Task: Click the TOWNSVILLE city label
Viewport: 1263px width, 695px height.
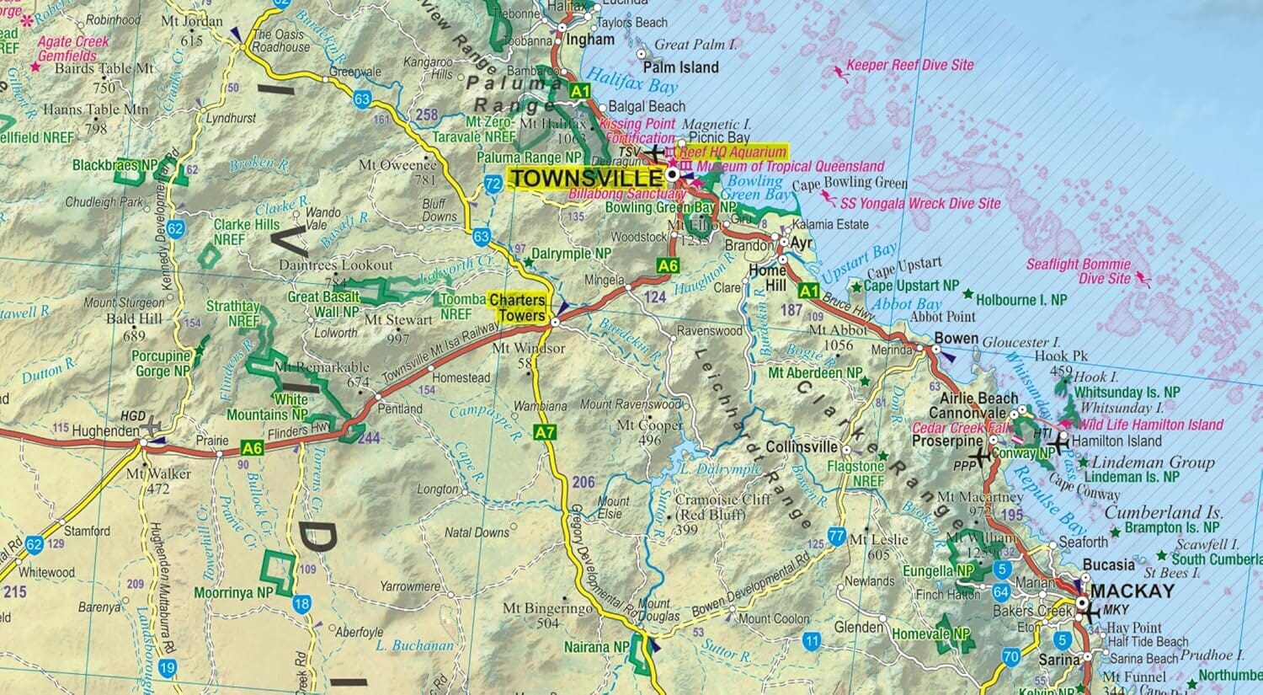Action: [587, 179]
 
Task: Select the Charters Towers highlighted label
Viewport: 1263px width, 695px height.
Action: [517, 307]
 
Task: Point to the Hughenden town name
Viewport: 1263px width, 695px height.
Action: [105, 431]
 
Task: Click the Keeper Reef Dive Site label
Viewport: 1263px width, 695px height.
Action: [909, 65]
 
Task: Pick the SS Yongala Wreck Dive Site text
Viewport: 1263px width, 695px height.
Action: [920, 203]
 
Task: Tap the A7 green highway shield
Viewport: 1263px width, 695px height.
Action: [546, 433]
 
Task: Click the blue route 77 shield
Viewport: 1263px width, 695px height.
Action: [836, 536]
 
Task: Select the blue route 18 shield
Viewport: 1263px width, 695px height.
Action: [301, 604]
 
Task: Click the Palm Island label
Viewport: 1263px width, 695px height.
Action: [680, 67]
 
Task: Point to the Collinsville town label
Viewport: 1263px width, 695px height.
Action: [802, 447]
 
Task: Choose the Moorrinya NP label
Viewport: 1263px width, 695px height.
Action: [232, 593]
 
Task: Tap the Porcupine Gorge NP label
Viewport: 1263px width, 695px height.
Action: [161, 364]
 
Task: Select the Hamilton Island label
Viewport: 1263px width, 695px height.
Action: [1117, 441]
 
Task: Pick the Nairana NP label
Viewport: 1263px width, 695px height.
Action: [598, 647]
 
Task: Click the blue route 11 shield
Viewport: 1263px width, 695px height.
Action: [811, 642]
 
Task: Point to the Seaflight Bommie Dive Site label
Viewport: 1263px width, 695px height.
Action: [1079, 271]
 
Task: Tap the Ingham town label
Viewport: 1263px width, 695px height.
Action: [590, 40]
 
